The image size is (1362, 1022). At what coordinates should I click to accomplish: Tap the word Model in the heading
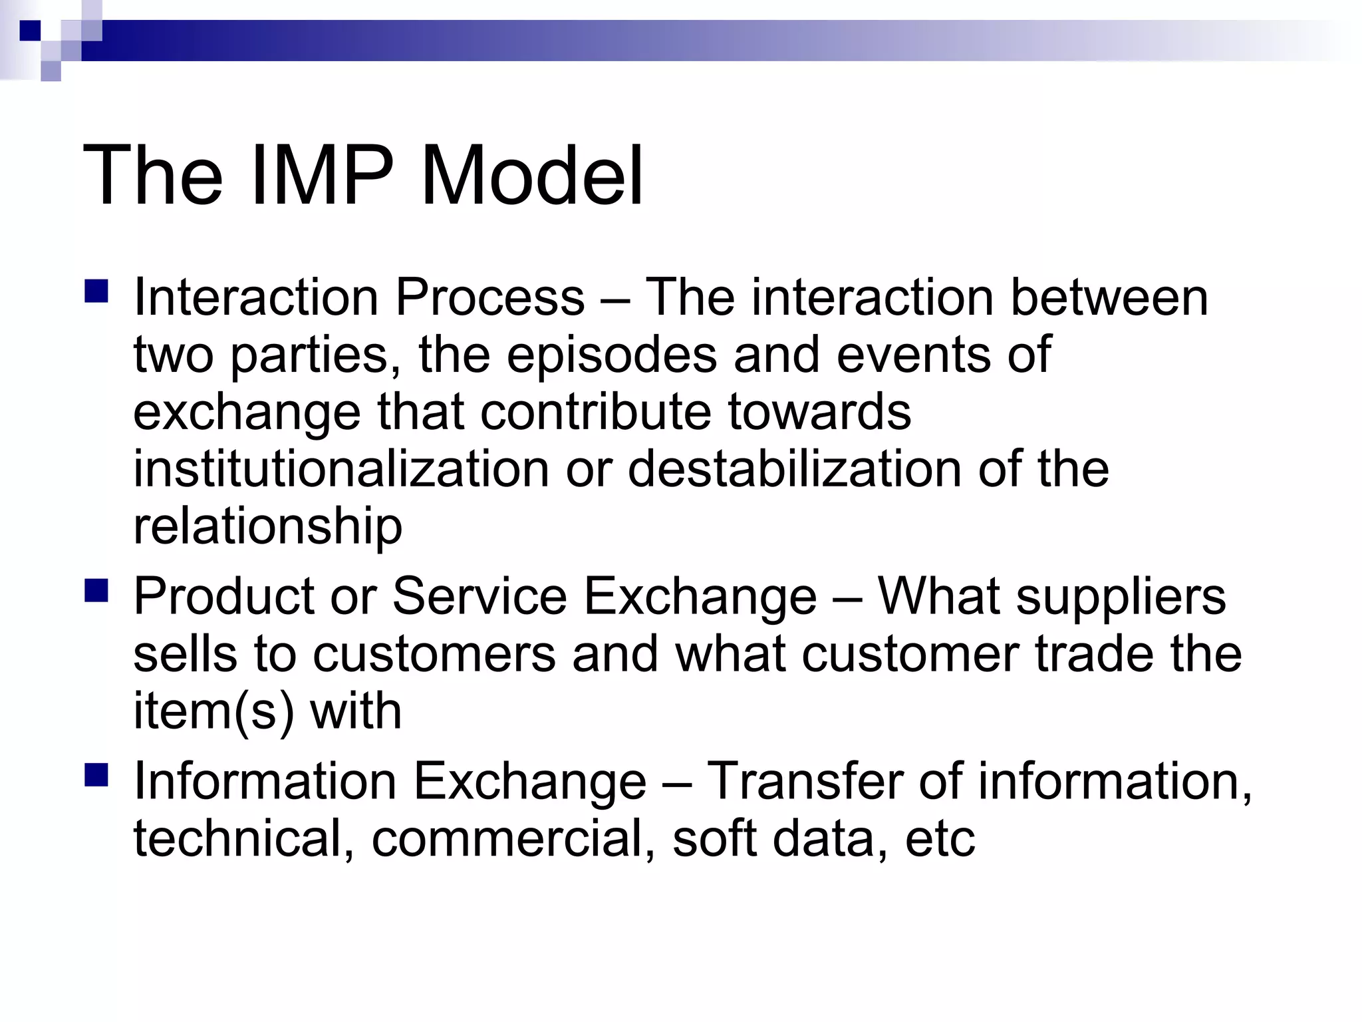pyautogui.click(x=532, y=176)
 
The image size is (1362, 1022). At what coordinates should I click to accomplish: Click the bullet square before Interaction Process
pyautogui.click(x=96, y=291)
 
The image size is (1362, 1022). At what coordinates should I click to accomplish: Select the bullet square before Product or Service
pyautogui.click(x=96, y=590)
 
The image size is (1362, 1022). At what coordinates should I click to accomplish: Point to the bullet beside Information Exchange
pyautogui.click(x=96, y=775)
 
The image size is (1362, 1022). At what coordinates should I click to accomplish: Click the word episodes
pyautogui.click(x=612, y=355)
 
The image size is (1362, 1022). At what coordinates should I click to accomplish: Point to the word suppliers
pyautogui.click(x=1121, y=596)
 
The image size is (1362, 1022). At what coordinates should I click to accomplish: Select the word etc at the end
pyautogui.click(x=940, y=838)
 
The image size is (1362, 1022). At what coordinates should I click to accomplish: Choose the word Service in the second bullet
pyautogui.click(x=479, y=596)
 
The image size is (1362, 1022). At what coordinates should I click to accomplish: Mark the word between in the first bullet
pyautogui.click(x=1109, y=297)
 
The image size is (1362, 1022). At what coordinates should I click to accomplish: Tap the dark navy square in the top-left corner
pyautogui.click(x=30, y=31)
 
